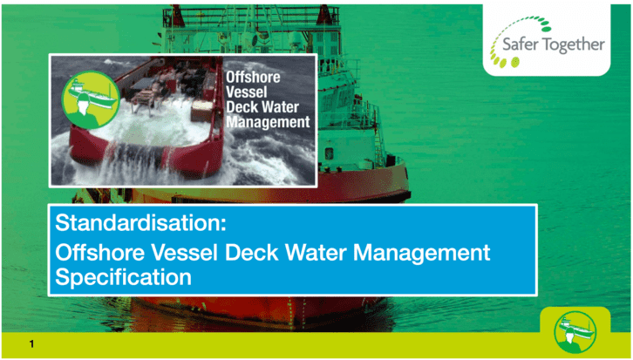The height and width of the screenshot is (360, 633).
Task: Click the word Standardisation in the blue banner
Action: (137, 223)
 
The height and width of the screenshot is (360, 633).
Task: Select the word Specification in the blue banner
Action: (124, 277)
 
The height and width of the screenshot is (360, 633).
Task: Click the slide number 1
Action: (31, 344)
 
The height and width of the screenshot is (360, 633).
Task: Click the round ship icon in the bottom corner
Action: (575, 332)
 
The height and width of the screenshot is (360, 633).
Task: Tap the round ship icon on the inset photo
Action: (91, 99)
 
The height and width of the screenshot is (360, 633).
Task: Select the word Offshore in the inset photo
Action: (253, 77)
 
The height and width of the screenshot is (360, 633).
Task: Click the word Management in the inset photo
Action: (268, 121)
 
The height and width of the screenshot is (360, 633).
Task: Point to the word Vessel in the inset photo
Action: (246, 92)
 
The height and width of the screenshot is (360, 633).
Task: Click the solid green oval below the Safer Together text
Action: (514, 63)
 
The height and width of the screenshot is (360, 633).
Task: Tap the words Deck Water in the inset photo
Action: (262, 107)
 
